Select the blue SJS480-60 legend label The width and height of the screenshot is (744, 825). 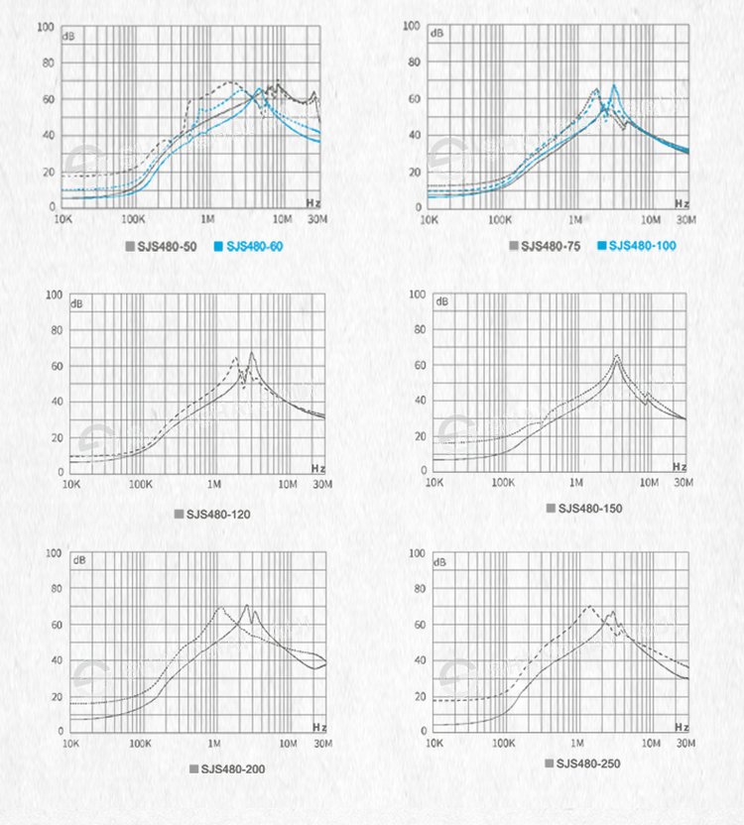[x=255, y=246]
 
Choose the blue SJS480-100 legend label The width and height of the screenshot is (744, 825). [x=643, y=246]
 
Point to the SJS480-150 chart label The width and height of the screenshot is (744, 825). [x=589, y=509]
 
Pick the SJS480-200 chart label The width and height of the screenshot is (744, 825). [x=233, y=768]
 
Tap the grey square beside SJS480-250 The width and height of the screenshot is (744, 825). [x=549, y=763]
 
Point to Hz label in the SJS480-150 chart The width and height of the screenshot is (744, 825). [x=679, y=466]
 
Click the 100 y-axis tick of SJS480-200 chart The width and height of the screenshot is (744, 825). [x=55, y=553]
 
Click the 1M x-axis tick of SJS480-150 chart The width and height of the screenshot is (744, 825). [x=575, y=483]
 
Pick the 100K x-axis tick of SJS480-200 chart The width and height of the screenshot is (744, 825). [x=140, y=743]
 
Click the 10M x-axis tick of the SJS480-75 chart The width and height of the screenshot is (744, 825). [x=650, y=218]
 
